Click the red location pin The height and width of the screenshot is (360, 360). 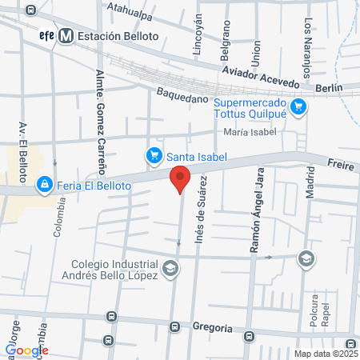point(180,179)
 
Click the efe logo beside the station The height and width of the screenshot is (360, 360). point(46,35)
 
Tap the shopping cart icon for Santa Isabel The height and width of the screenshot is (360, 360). point(153,155)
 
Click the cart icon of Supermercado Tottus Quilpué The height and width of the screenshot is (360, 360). point(298,106)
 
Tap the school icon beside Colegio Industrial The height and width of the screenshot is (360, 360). point(170,270)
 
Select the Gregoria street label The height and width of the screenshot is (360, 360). point(212,328)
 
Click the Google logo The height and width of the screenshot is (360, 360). point(26,350)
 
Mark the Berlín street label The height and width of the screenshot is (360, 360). point(329,87)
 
